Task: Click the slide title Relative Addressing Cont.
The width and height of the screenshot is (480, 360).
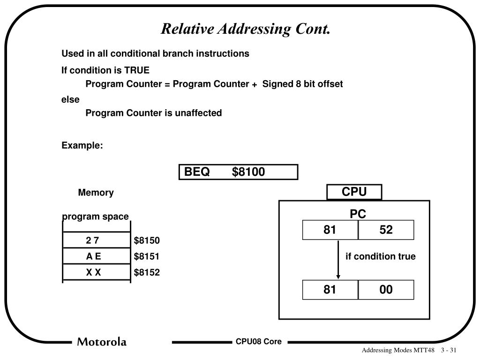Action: point(246,29)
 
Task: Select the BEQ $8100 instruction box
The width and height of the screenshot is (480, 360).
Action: point(238,172)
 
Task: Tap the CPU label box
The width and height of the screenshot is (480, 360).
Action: point(354,192)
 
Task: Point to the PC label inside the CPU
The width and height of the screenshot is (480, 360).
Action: point(358,214)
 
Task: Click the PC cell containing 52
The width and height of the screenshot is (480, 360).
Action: point(386,230)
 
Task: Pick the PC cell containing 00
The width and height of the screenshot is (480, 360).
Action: point(386,290)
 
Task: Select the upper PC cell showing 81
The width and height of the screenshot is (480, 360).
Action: point(330,230)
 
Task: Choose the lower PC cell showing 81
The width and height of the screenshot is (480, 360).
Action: point(330,290)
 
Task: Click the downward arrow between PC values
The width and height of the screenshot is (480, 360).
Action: point(338,260)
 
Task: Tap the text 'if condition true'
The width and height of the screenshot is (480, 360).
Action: point(381,256)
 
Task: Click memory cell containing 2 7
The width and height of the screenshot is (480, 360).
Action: point(93,240)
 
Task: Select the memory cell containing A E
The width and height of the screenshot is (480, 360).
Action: point(93,256)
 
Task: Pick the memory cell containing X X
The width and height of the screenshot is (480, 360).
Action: point(93,272)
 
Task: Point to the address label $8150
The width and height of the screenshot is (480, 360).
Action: point(147,240)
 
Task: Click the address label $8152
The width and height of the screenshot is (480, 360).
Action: point(147,272)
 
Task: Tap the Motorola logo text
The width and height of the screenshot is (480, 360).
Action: point(102,342)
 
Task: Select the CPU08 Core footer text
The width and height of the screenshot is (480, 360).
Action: point(259,342)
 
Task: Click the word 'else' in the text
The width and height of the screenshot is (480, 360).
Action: point(70,99)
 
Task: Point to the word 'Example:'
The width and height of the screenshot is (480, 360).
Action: point(82,145)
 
